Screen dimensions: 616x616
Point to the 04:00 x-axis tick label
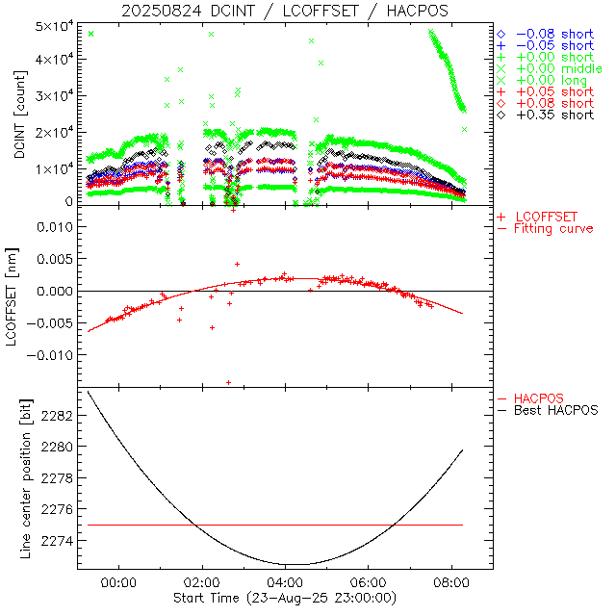tap(284, 583)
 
